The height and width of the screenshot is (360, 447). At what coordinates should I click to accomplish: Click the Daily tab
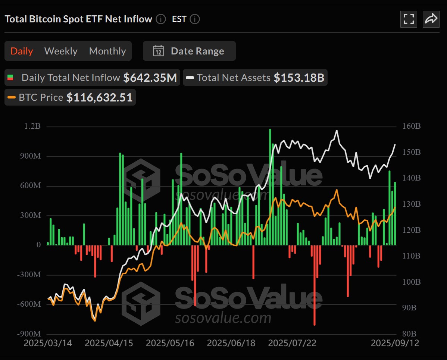(x=22, y=51)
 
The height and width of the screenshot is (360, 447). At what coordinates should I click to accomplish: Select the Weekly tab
(x=61, y=51)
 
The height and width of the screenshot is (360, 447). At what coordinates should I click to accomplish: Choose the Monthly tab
(x=107, y=51)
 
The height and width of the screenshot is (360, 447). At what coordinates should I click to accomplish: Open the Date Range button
(x=189, y=51)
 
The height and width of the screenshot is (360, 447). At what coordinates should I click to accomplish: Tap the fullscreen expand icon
(x=409, y=19)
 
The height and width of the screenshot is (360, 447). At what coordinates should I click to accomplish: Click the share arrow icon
(x=431, y=19)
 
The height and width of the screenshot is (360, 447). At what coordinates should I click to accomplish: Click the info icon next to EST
(x=195, y=19)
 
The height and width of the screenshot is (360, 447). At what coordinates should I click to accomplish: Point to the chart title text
(x=78, y=19)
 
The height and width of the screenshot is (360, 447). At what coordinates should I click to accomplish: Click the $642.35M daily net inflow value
(x=150, y=78)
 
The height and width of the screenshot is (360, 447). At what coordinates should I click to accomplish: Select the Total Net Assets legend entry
(x=234, y=78)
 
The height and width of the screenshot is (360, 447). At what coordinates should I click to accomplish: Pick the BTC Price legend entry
(x=41, y=97)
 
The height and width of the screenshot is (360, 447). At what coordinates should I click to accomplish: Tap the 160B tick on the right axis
(x=412, y=126)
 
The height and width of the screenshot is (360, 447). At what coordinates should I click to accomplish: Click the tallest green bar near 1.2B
(x=270, y=187)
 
